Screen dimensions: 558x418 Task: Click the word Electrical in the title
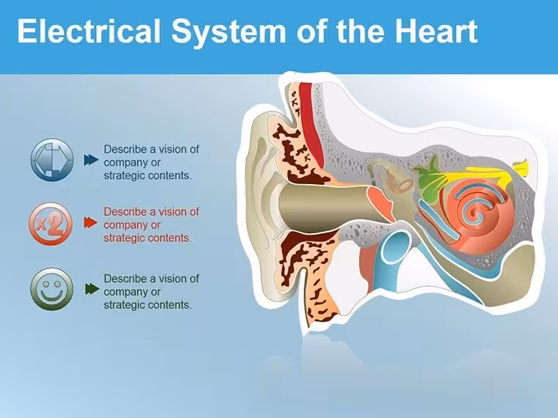point(89,32)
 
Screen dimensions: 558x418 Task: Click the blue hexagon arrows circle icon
point(52,160)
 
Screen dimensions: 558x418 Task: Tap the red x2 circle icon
point(51,224)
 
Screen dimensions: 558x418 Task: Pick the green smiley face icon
point(51,289)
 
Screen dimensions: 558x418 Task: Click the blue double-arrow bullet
point(91,160)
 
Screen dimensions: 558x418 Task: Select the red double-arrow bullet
point(91,223)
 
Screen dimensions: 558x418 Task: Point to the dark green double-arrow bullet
point(92,289)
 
